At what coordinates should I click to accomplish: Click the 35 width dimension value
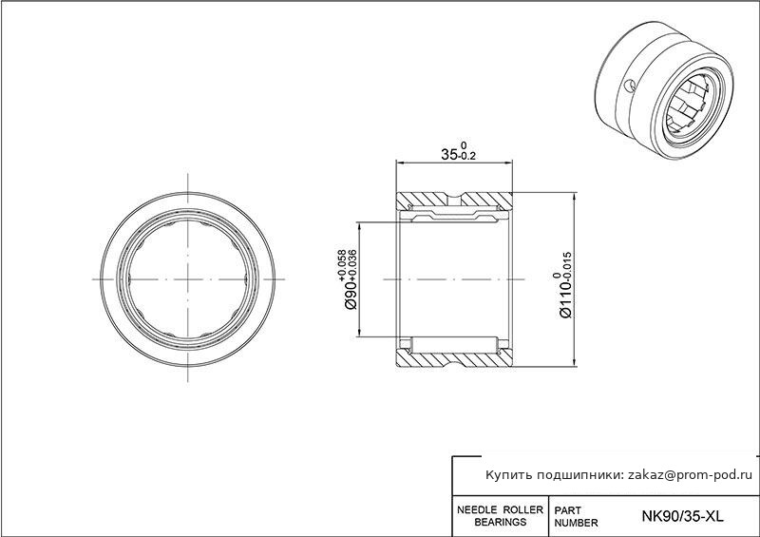coord(448,154)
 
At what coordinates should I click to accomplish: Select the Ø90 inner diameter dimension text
coord(351,296)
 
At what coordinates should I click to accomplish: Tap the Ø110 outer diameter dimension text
coord(565,299)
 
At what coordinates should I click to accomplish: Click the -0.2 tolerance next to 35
coord(467,156)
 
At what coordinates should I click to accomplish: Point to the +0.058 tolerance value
coord(343,265)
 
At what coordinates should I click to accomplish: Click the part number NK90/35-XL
coord(682,516)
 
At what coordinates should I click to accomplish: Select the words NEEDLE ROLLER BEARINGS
coord(501,516)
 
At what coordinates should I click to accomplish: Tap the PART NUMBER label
coord(576,517)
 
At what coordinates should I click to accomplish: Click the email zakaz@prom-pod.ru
coord(691,475)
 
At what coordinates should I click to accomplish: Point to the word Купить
coord(508,475)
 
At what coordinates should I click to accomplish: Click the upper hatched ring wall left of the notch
coord(421,199)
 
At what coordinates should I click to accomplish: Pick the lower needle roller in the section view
coord(455,344)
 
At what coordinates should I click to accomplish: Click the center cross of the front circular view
coord(187,279)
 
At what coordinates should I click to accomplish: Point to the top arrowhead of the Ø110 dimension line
coord(575,197)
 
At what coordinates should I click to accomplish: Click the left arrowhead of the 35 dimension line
coord(400,162)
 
